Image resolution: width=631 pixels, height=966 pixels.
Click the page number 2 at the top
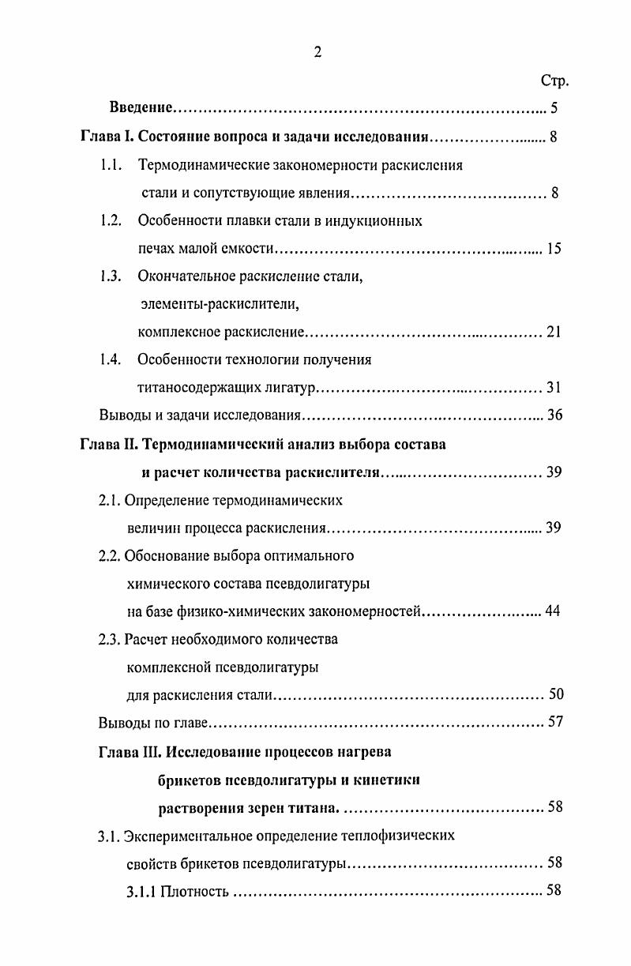[317, 53]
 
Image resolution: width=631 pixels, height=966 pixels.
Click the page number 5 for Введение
[554, 108]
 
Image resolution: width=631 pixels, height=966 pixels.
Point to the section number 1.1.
[110, 165]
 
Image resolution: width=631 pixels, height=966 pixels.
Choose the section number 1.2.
[110, 221]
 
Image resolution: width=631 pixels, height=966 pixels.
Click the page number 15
[553, 249]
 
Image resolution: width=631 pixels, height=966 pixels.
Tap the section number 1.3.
[110, 276]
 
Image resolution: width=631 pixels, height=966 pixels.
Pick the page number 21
[553, 332]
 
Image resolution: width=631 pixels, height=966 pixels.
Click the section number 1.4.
[110, 359]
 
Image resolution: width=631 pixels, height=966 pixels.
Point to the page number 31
[553, 388]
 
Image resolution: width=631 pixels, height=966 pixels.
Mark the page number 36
[554, 415]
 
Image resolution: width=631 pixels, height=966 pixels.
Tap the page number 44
[552, 611]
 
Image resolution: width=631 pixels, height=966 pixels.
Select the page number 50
[555, 695]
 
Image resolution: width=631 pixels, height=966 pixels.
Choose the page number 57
[554, 723]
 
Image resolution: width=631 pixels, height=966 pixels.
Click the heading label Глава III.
[130, 751]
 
